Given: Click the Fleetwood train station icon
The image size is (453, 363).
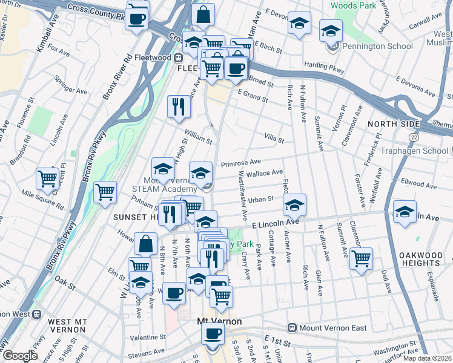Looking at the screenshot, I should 179,57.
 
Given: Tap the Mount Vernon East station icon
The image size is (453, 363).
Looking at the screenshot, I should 293,328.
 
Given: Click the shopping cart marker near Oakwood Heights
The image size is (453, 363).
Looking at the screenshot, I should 361,258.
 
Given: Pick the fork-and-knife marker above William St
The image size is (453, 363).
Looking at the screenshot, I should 179,106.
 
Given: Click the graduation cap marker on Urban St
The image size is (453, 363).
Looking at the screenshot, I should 294,205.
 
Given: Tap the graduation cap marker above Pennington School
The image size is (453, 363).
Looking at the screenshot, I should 330,30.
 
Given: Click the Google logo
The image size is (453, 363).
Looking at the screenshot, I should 21,356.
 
